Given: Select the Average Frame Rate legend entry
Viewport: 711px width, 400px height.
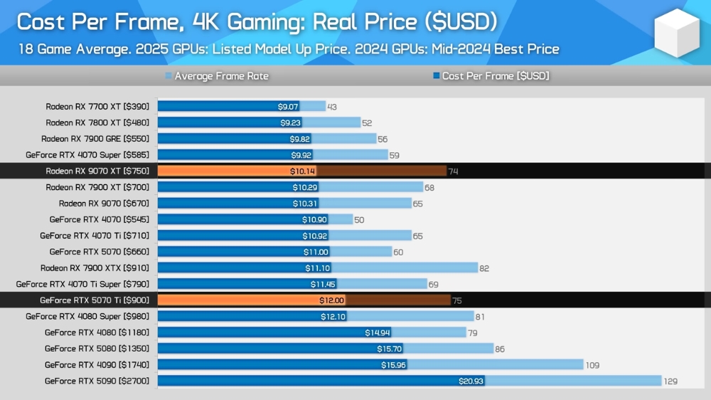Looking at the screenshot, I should click(x=221, y=76).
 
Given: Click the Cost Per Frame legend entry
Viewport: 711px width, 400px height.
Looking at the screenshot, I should click(x=495, y=76).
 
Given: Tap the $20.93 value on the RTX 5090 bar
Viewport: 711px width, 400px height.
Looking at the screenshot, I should click(x=471, y=381).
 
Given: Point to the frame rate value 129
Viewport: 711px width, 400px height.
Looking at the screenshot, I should click(x=670, y=381).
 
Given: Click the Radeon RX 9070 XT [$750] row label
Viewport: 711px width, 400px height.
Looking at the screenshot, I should click(x=97, y=171).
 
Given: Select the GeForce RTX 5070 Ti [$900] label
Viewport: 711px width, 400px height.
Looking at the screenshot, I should click(x=95, y=300).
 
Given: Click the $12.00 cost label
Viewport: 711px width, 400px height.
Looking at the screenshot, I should click(x=332, y=300).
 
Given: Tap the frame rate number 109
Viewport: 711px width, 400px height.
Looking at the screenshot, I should click(x=592, y=365).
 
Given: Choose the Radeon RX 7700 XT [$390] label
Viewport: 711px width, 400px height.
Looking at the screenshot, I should click(x=97, y=107).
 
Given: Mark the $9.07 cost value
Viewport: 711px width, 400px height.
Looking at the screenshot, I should click(x=289, y=107).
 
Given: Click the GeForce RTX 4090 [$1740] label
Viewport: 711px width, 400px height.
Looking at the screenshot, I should click(x=97, y=365).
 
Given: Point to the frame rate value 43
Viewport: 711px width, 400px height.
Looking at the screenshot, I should click(x=332, y=107).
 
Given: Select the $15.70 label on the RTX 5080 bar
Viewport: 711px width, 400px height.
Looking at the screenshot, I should click(x=390, y=349).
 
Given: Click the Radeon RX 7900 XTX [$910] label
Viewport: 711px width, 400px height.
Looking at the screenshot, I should click(x=95, y=268).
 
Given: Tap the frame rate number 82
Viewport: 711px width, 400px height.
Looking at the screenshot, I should click(x=484, y=268).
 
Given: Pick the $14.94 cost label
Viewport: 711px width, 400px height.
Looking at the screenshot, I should click(x=377, y=332).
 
